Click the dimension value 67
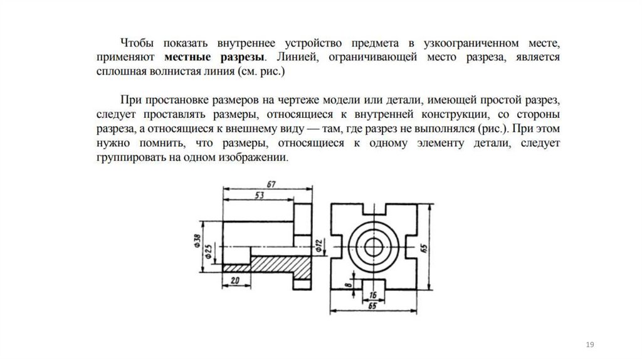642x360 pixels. click(x=271, y=183)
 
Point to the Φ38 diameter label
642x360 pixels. click(x=197, y=241)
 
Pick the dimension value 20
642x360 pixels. click(x=236, y=280)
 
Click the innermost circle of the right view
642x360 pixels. click(x=374, y=245)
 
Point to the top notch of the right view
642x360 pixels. click(x=374, y=209)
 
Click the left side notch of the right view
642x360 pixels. click(x=338, y=245)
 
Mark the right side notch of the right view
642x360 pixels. click(x=410, y=245)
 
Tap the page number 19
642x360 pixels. click(x=589, y=344)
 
